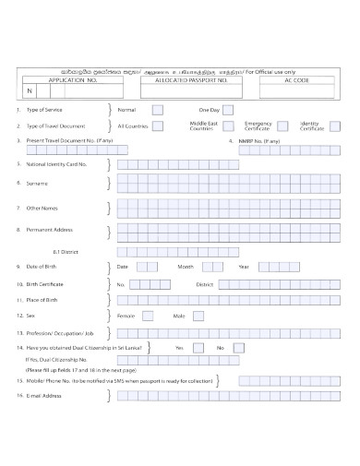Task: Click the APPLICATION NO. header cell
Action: pos(73,80)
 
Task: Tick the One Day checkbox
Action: pos(227,109)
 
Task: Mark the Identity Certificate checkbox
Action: pos(335,125)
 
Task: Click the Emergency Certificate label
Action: pos(258,125)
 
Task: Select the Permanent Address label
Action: pos(50,228)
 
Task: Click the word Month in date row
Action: pos(186,266)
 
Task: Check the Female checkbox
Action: pos(155,316)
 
